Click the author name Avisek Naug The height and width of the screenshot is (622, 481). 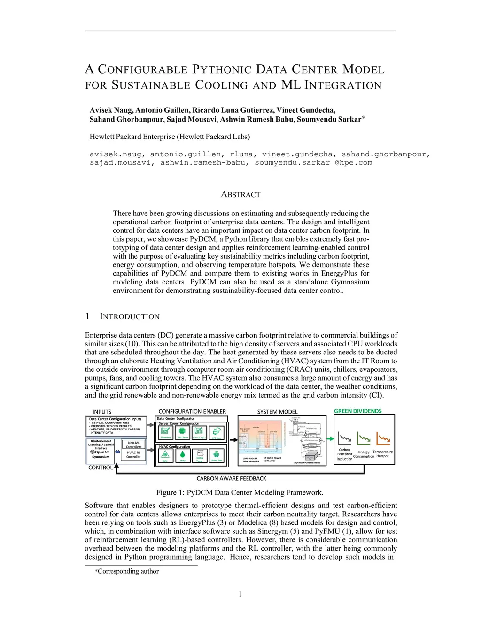(111, 110)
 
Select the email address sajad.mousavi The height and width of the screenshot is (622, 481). (120, 163)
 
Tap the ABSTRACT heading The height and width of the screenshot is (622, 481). (240, 194)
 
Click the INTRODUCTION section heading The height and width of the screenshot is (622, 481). (130, 316)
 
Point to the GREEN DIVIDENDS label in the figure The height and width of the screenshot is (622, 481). (357, 411)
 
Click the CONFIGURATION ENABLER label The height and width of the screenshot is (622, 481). (192, 412)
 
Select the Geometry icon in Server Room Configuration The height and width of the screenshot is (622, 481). (165, 432)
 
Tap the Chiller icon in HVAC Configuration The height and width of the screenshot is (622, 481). (183, 455)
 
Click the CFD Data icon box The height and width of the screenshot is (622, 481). (217, 432)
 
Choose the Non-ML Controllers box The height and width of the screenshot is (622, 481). (133, 445)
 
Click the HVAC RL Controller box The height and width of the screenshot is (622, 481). (133, 454)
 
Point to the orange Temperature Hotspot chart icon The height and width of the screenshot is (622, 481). (383, 439)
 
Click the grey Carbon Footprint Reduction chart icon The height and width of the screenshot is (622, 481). (345, 439)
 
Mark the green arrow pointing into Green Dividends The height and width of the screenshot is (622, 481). (330, 439)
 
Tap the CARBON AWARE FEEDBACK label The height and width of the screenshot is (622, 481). (231, 479)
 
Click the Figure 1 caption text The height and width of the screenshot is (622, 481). (240, 493)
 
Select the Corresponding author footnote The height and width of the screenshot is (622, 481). (127, 571)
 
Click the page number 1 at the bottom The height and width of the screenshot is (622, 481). (240, 595)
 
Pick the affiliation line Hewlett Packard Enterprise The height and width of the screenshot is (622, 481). (170, 137)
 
